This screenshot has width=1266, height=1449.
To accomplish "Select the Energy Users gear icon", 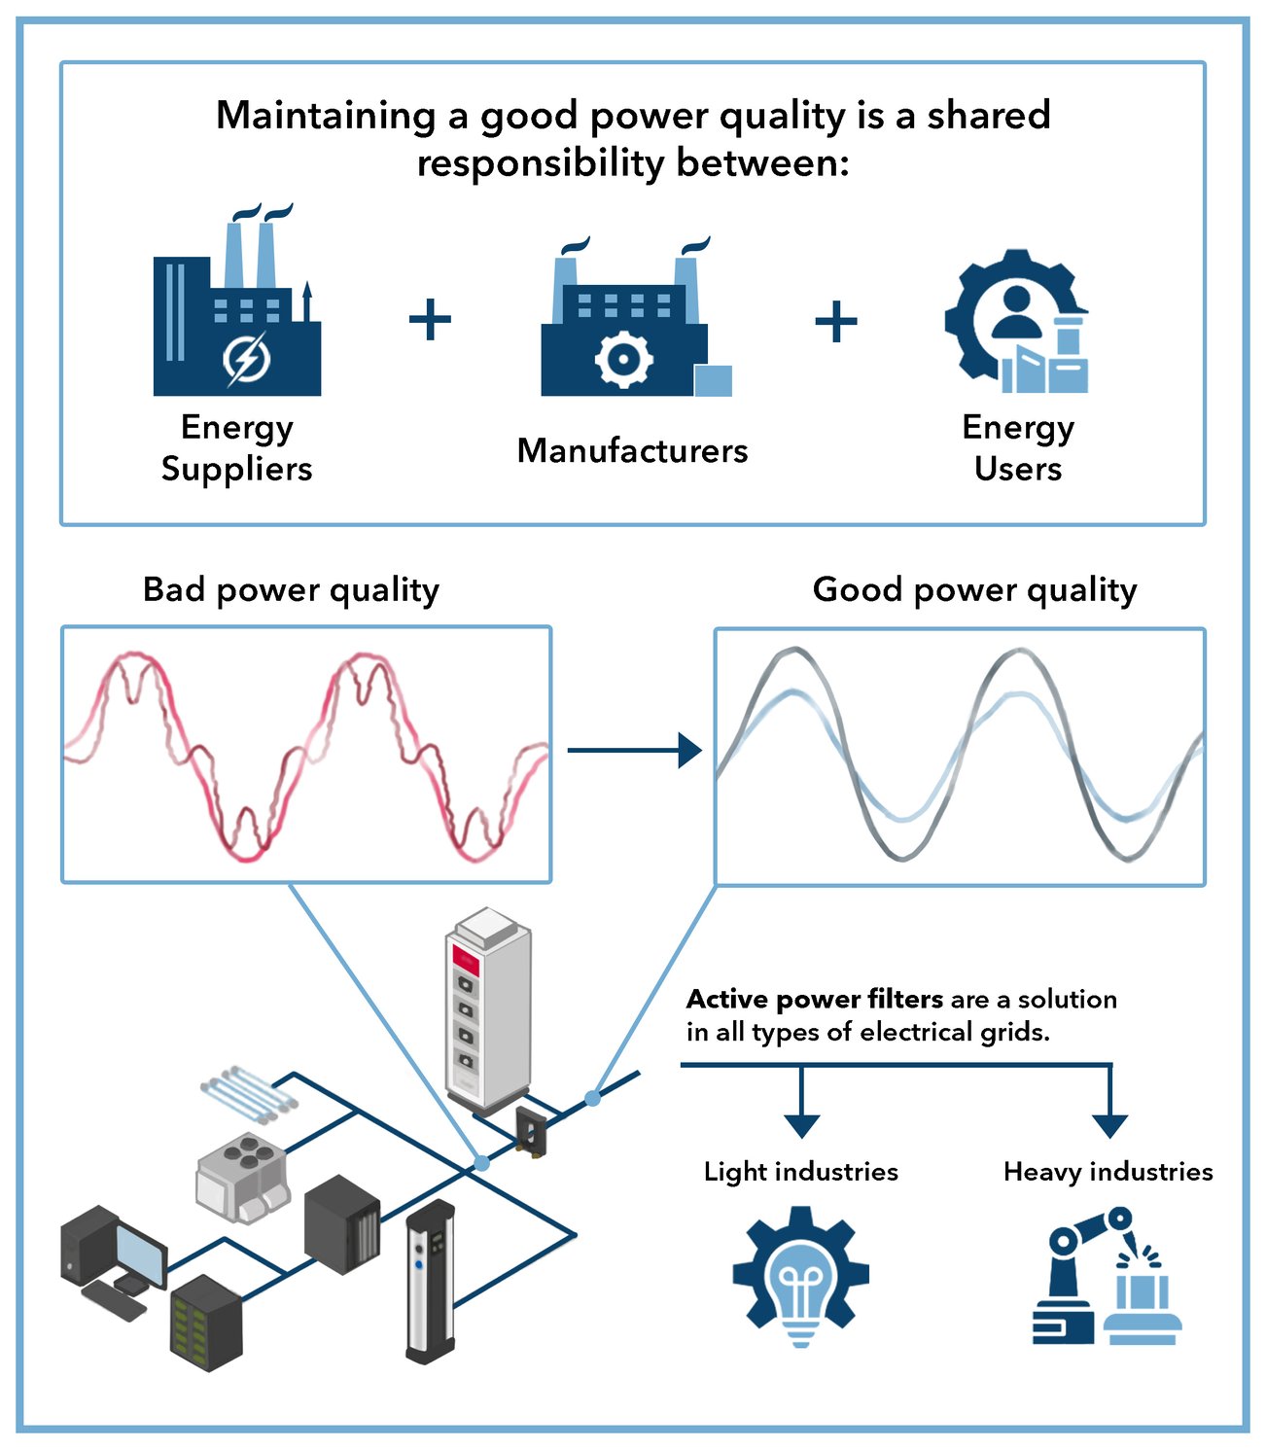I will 1016,322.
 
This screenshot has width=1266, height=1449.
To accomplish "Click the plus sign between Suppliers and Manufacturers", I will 430,320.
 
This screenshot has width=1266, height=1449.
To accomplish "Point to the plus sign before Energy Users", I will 835,321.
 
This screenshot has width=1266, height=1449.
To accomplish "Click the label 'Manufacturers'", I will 632,451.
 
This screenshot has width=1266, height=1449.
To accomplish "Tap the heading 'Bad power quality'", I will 291,590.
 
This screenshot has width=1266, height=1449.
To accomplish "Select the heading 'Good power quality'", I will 974,590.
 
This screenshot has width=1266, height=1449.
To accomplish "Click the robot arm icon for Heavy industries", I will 1107,1275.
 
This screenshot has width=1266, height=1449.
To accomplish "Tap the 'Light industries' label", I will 800,1172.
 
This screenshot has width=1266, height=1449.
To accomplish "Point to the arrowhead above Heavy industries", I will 1109,1125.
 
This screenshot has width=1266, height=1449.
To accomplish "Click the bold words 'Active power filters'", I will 814,1000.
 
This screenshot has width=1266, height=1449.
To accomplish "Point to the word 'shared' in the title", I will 988,116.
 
